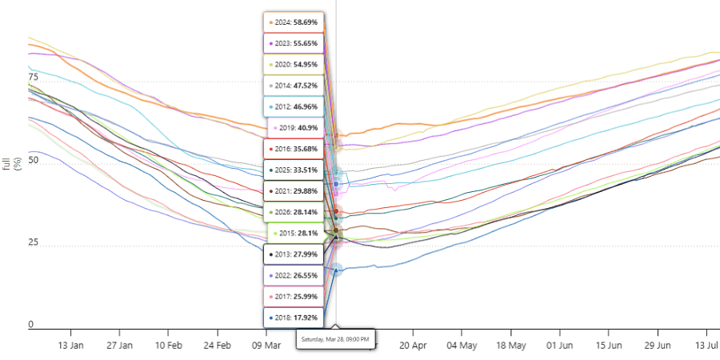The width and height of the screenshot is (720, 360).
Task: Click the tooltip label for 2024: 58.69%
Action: click(x=294, y=22)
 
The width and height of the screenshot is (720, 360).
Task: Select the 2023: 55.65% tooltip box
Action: click(x=294, y=44)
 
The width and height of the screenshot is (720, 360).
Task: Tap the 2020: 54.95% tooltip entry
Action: click(x=294, y=65)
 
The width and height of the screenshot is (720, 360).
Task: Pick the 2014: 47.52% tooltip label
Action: click(x=294, y=86)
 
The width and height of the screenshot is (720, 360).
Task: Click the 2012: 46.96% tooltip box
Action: click(x=294, y=107)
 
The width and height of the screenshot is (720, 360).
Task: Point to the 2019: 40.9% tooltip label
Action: click(x=296, y=128)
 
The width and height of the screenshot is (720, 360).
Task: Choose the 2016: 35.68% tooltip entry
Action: click(x=294, y=150)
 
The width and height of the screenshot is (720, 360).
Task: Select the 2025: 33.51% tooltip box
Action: click(x=294, y=170)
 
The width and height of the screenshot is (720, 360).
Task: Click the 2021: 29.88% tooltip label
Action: click(x=294, y=191)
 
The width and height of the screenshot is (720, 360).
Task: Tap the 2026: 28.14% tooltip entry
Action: click(x=294, y=212)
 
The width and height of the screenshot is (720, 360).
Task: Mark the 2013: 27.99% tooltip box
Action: click(x=294, y=255)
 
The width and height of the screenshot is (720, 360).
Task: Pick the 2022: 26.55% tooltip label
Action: click(x=294, y=276)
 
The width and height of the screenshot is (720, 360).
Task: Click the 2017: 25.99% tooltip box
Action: click(x=294, y=297)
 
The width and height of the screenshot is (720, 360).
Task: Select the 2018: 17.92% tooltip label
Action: click(x=294, y=318)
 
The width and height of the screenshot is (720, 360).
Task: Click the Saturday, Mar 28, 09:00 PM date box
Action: click(x=336, y=339)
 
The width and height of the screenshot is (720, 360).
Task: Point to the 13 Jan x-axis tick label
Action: click(x=70, y=346)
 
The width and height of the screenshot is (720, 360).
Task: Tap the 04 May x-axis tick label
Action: click(x=462, y=346)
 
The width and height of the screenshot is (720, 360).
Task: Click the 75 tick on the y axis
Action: click(x=32, y=76)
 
